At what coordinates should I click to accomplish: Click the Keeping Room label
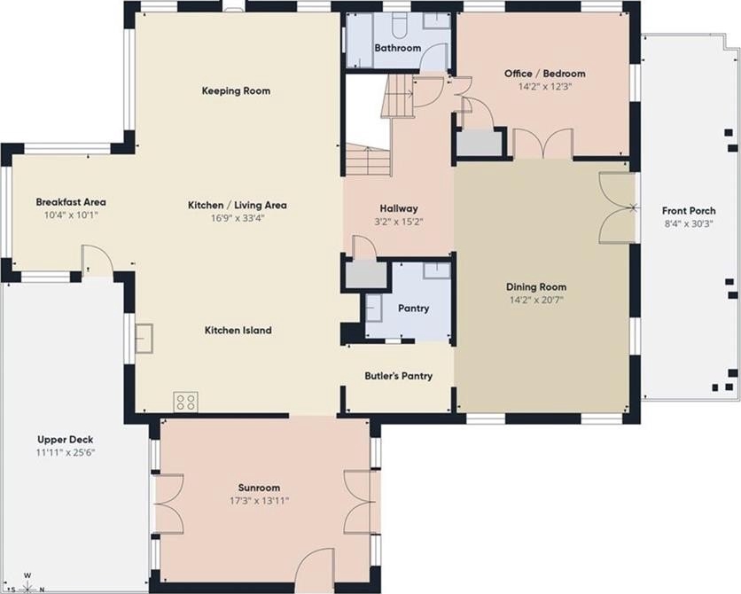(x=236, y=90)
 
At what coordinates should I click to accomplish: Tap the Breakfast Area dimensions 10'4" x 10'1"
(x=71, y=215)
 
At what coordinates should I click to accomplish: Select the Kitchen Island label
(x=238, y=331)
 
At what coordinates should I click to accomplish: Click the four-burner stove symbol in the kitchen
(x=186, y=403)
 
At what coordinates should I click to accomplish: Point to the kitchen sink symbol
(x=144, y=339)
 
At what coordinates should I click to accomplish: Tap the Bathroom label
(x=398, y=48)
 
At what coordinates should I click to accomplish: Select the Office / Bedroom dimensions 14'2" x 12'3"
(x=545, y=87)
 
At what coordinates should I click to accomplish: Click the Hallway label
(x=399, y=208)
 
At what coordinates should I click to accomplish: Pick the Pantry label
(x=414, y=309)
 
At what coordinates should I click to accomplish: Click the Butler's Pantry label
(x=398, y=376)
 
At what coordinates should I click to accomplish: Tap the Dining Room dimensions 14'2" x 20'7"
(x=536, y=300)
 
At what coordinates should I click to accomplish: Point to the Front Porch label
(x=689, y=211)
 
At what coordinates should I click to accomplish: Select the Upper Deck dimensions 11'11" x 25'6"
(x=66, y=453)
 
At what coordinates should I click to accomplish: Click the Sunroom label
(x=259, y=488)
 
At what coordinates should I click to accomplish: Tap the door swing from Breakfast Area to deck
(x=97, y=260)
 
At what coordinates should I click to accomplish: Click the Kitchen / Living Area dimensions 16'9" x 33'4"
(x=238, y=218)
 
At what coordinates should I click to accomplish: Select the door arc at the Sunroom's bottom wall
(x=315, y=565)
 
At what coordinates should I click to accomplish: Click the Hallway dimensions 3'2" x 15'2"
(x=398, y=222)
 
